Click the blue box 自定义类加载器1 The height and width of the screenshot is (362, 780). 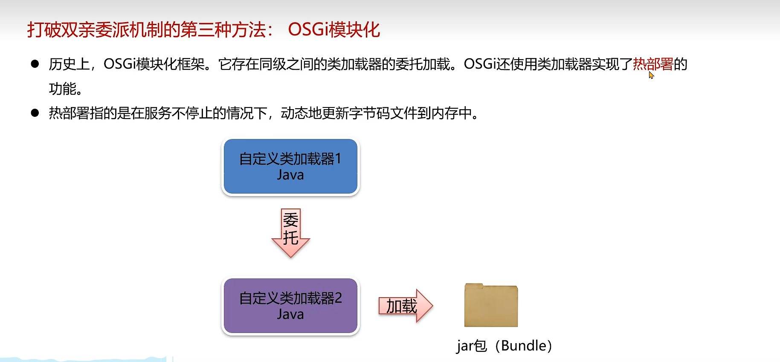coord(290,166)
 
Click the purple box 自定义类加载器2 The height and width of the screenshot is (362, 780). coord(290,306)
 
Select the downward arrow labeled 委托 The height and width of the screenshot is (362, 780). coord(291,232)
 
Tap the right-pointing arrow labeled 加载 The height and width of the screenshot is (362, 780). coord(405,306)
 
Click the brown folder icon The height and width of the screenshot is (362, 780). coord(491,305)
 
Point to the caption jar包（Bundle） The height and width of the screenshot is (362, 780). coord(504,345)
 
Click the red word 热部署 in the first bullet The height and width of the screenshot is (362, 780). coord(653,64)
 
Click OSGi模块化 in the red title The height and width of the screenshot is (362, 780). coord(334,30)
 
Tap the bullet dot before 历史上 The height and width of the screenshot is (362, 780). coord(35,64)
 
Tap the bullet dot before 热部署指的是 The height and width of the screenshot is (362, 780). coord(35,113)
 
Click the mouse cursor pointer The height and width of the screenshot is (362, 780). coord(651,75)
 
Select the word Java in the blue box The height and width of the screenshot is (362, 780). coord(290,175)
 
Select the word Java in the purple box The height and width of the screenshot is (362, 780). coord(290,314)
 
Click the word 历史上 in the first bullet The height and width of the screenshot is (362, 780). coord(69,64)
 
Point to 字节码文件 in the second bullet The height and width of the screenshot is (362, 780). coord(383,113)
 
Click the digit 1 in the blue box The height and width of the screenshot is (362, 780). coord(338,159)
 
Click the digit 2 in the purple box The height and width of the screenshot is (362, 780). coord(338,298)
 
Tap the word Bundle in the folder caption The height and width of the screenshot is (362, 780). coord(524,345)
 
